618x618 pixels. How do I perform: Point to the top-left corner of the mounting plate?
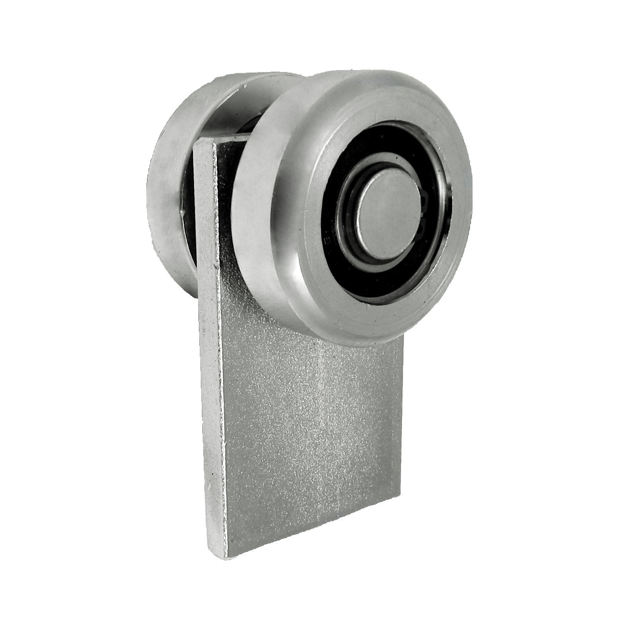[196, 144]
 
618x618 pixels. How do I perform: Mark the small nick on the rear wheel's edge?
[181, 213]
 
